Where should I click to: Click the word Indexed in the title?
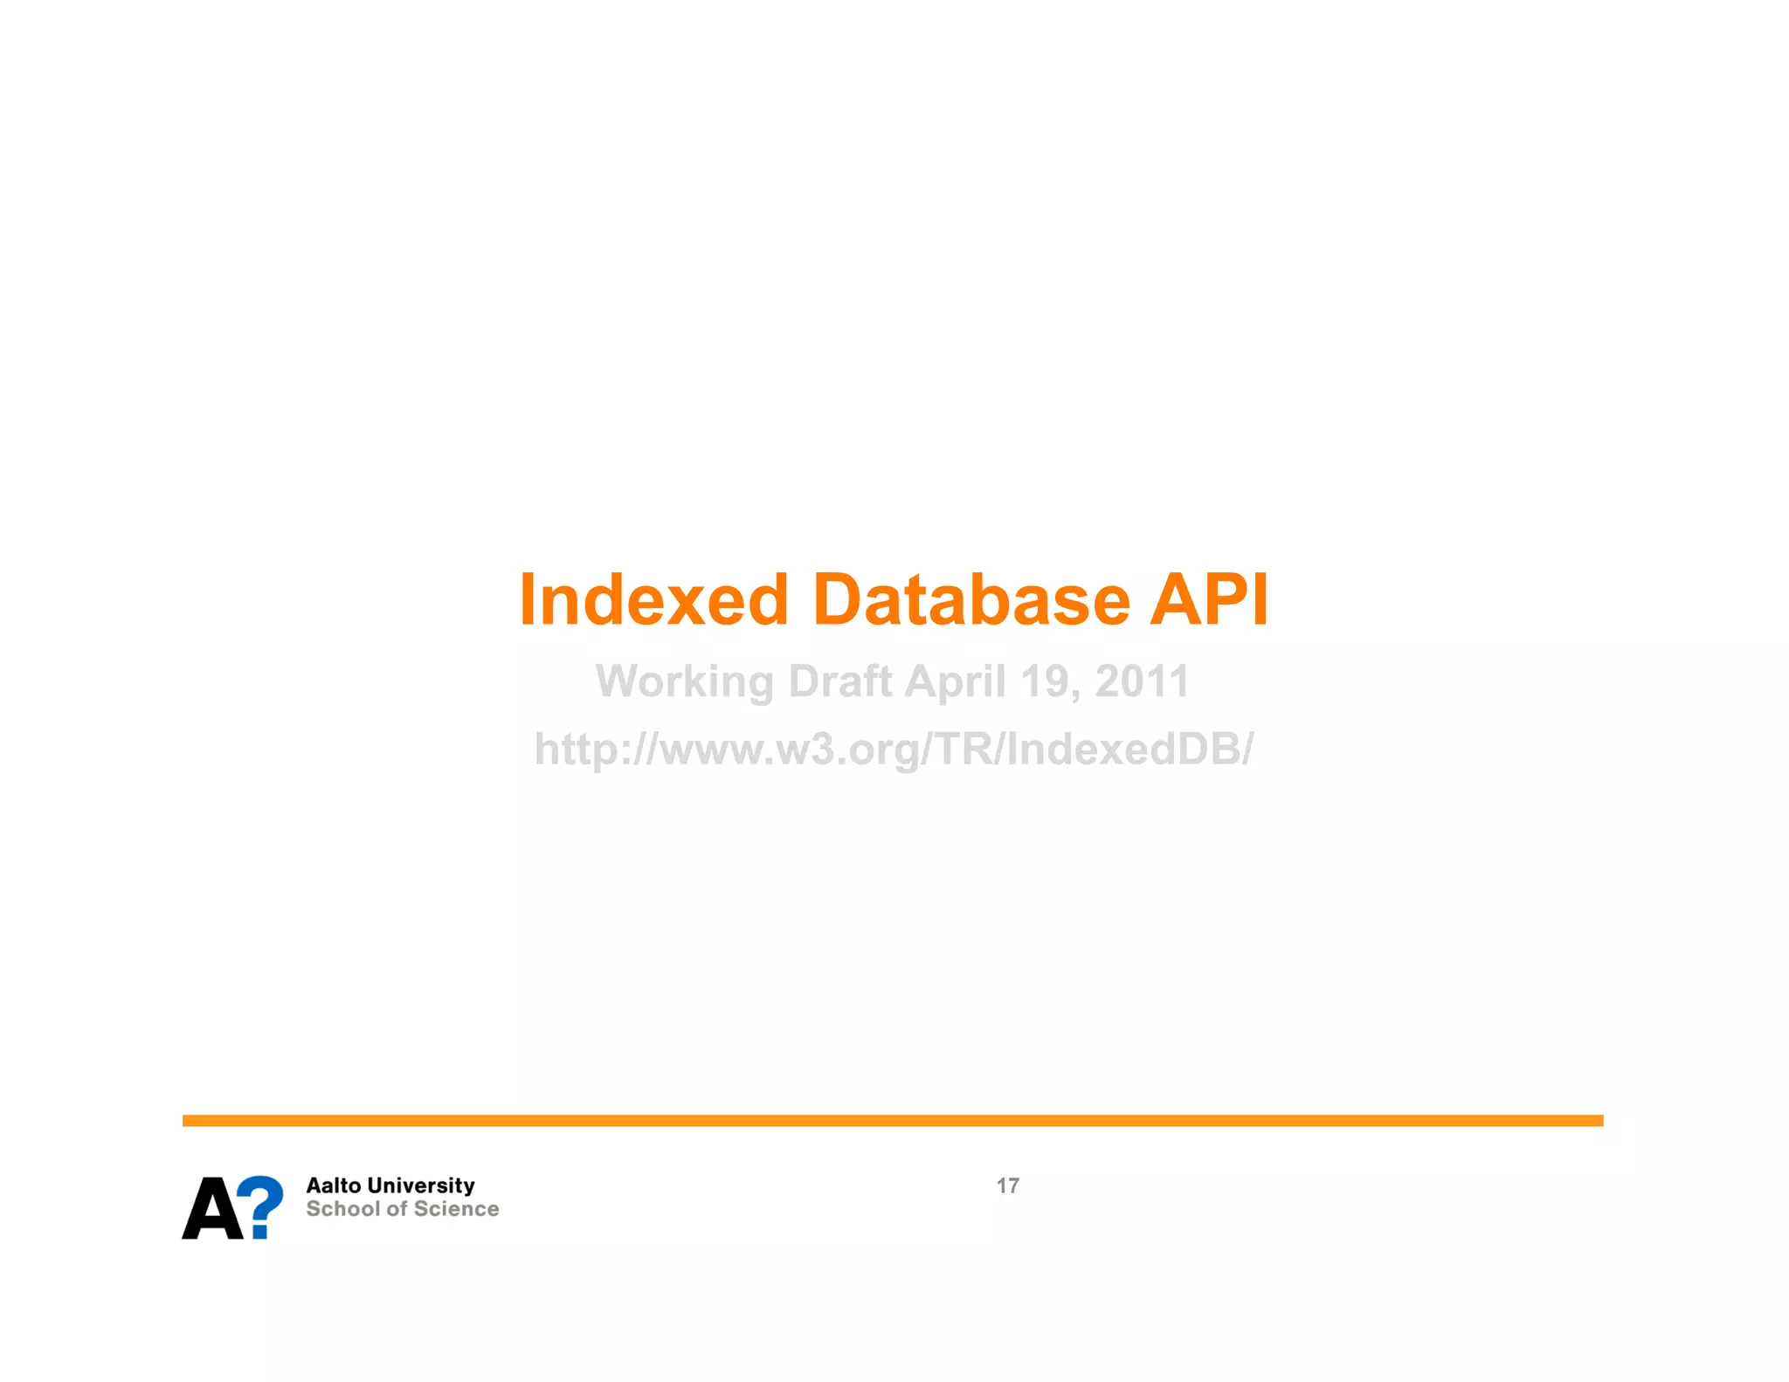point(653,600)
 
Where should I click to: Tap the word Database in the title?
point(970,600)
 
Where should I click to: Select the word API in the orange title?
point(1208,600)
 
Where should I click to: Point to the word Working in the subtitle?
point(684,682)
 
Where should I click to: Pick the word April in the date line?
point(955,682)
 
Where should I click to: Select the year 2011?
point(1142,681)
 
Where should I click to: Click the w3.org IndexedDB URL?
point(894,750)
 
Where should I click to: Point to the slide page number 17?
point(1007,1185)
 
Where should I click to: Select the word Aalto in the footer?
point(333,1185)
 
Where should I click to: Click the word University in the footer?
point(421,1185)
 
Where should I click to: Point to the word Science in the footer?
point(456,1209)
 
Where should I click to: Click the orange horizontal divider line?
point(892,1120)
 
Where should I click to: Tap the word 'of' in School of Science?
point(397,1209)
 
